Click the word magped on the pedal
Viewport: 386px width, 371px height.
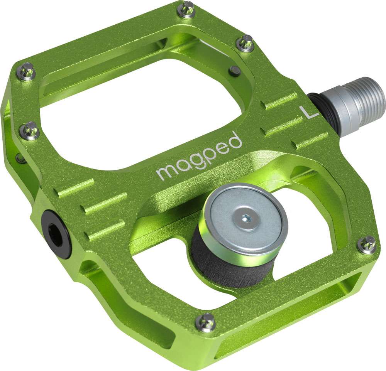click(x=199, y=157)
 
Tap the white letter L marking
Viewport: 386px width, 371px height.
click(x=308, y=112)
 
